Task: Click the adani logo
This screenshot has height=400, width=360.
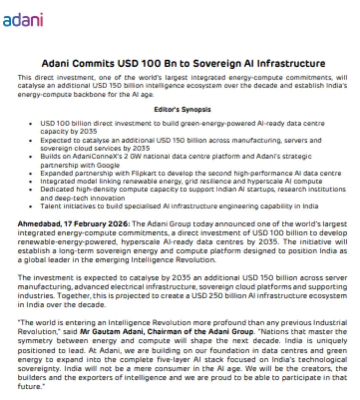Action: (x=23, y=20)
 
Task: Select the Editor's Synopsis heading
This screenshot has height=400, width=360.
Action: (x=182, y=109)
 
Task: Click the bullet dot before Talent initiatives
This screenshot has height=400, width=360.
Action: (x=31, y=207)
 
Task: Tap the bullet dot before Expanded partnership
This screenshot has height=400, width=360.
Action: (x=31, y=174)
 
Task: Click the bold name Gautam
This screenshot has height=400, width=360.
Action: (x=107, y=332)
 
